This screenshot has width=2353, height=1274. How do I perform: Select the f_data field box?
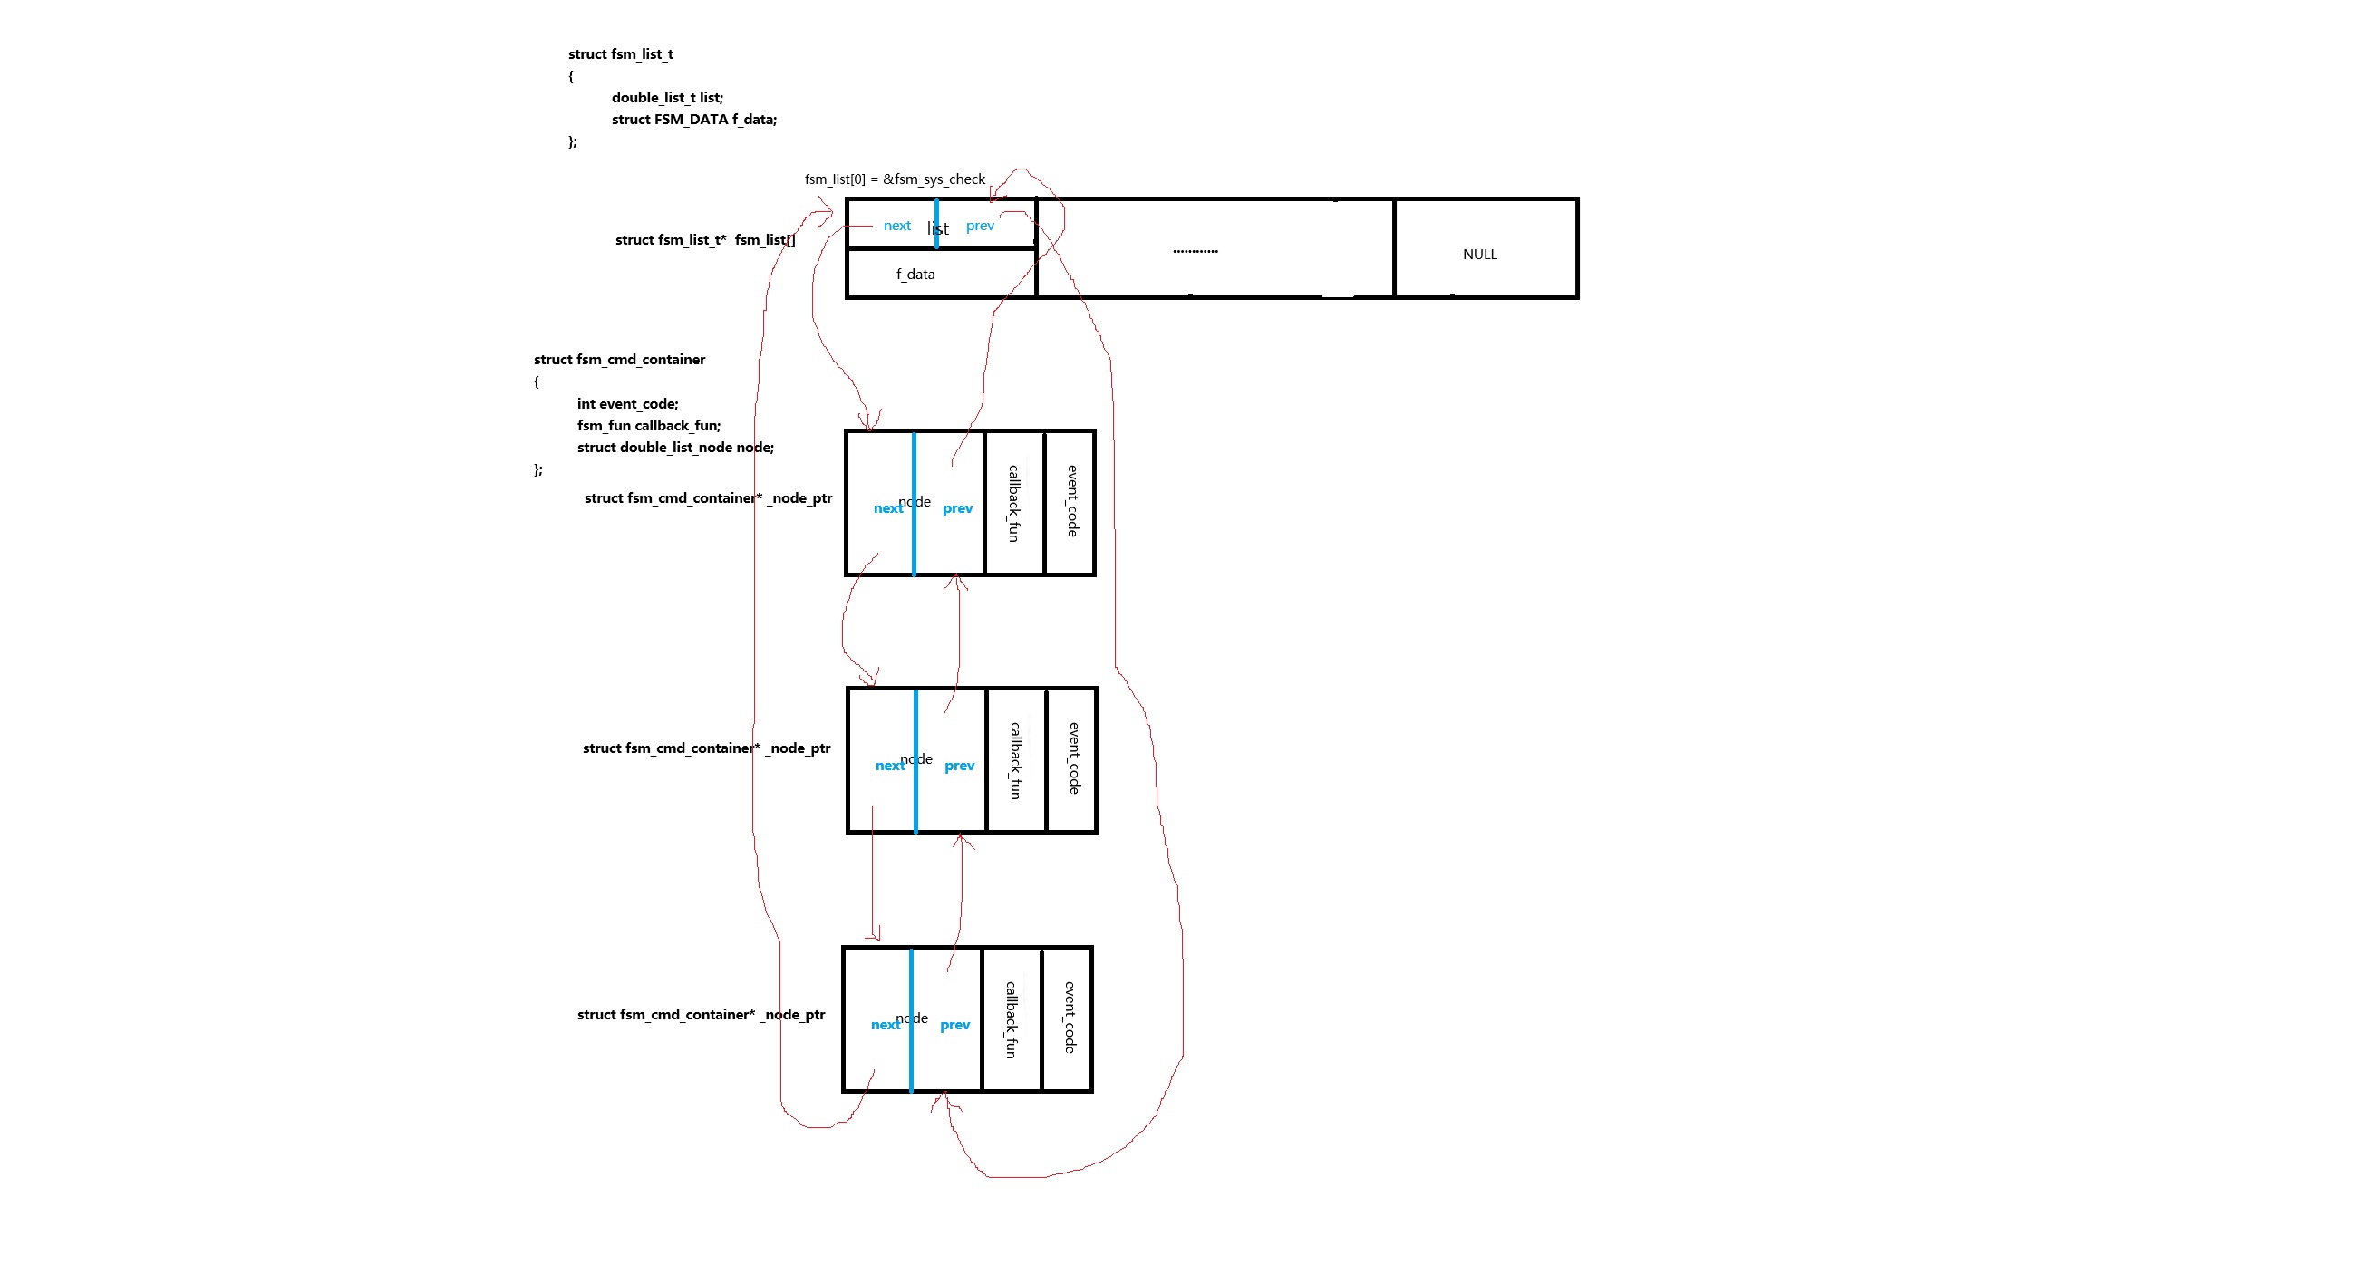coord(915,274)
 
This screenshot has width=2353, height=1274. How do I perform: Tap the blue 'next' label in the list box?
coord(896,226)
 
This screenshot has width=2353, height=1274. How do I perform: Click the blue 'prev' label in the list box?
coord(979,226)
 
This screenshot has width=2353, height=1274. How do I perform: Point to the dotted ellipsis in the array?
coord(1195,250)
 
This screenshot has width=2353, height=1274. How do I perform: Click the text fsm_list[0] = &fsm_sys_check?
coord(895,179)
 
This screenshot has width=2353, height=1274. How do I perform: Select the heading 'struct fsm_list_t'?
coord(620,53)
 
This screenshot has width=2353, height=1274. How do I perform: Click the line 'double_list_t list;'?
coord(667,97)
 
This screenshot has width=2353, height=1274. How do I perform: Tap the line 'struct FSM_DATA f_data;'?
coord(693,119)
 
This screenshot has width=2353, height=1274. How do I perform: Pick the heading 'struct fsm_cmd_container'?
coord(619,359)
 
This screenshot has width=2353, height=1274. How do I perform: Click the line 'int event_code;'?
coord(627,403)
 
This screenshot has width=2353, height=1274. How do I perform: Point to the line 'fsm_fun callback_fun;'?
coord(649,426)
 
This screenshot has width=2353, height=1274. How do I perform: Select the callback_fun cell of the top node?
coord(1013,503)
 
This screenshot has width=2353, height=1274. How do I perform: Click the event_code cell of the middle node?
coord(1073,759)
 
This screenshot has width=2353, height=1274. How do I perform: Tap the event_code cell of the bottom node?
coord(1069,1018)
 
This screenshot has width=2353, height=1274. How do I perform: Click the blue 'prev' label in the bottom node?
coord(954,1025)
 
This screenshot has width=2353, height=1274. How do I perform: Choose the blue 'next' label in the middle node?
coord(889,766)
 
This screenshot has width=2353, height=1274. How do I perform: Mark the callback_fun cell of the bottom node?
coord(1011,1019)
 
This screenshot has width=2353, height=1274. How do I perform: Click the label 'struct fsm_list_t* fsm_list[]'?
coord(704,239)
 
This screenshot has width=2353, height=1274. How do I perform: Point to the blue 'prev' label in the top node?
coord(957,507)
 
